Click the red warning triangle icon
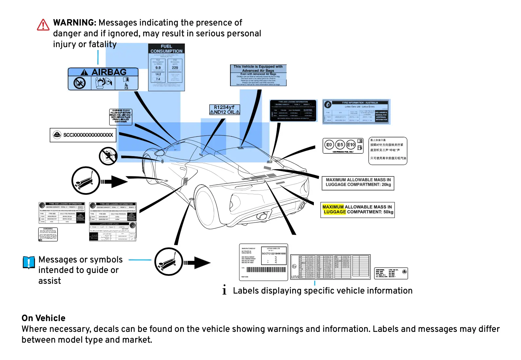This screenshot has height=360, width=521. pyautogui.click(x=43, y=25)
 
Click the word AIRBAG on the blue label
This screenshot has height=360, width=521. pyautogui.click(x=109, y=72)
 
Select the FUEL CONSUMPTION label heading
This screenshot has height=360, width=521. pyautogui.click(x=166, y=49)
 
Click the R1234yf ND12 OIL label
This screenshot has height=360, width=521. pyautogui.click(x=225, y=110)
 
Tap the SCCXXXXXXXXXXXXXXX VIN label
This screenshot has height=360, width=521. pyautogui.click(x=83, y=135)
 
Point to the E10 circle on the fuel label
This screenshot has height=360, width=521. pyautogui.click(x=351, y=145)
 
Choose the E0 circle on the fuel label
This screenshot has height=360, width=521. pyautogui.click(x=329, y=145)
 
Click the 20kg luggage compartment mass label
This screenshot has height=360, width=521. pyautogui.click(x=358, y=183)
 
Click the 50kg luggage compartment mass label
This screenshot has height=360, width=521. pyautogui.click(x=357, y=210)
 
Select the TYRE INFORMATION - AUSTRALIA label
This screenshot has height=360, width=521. pyautogui.click(x=356, y=112)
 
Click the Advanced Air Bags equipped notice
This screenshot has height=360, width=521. pyautogui.click(x=258, y=75)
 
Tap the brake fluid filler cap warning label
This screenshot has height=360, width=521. pyautogui.click(x=120, y=117)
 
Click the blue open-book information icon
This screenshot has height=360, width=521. pyautogui.click(x=29, y=262)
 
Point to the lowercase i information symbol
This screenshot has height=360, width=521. pyautogui.click(x=224, y=290)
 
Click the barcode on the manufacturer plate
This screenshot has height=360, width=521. pyautogui.click(x=266, y=270)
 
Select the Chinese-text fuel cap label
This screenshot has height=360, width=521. pyautogui.click(x=387, y=151)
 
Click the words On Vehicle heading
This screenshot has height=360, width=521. pyautogui.click(x=44, y=318)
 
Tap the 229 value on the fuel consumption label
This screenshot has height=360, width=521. pyautogui.click(x=175, y=68)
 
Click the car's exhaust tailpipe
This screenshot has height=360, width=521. pyautogui.click(x=262, y=216)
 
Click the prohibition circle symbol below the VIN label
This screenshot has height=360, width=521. pyautogui.click(x=108, y=156)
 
